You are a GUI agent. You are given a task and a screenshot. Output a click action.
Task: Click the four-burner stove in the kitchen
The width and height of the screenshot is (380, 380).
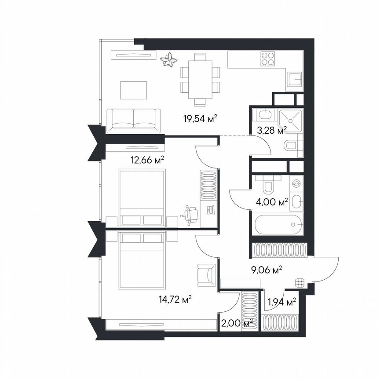(x=268, y=59)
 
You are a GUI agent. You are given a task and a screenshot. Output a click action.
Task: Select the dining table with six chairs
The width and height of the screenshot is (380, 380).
(x=200, y=79)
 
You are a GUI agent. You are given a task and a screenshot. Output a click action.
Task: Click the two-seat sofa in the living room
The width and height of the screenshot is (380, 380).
(x=134, y=119)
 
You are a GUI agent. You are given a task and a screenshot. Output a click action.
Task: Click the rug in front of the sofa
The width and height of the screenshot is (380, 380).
(x=132, y=90)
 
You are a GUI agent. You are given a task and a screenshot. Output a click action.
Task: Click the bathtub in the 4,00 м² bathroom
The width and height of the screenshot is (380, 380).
(x=276, y=225)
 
